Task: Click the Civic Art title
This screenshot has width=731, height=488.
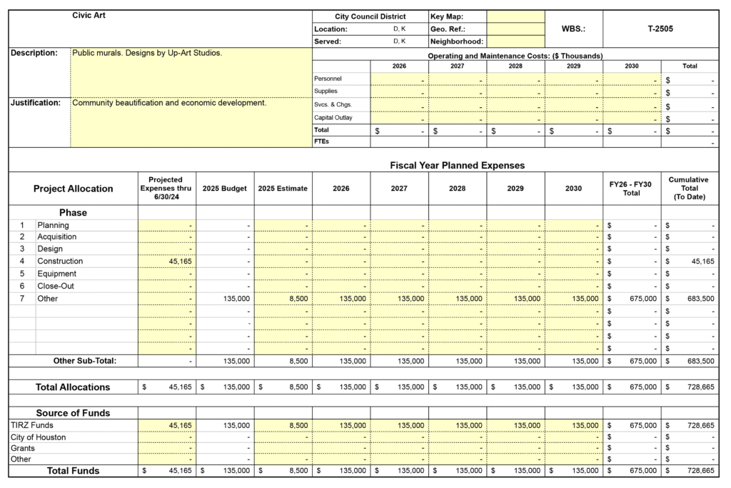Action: [89, 16]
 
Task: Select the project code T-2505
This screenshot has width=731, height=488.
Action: [660, 29]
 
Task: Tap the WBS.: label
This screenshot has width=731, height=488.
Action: [573, 29]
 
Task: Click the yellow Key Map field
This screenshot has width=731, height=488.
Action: [515, 16]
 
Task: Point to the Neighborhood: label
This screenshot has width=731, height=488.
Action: [457, 41]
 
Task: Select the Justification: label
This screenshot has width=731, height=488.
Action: [36, 103]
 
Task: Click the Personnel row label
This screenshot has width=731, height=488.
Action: [328, 79]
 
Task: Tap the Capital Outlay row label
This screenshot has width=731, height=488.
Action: [333, 118]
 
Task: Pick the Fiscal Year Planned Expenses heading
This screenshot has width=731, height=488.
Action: [457, 165]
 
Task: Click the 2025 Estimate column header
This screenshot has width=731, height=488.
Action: [283, 189]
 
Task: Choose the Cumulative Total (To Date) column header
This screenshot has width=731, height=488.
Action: [689, 189]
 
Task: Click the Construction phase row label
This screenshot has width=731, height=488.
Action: [60, 262]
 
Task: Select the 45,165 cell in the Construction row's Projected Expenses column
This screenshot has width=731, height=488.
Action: [178, 262]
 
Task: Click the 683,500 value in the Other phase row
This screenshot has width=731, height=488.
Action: [700, 299]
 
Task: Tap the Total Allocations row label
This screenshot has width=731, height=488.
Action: [73, 387]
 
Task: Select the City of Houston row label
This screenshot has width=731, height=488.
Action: [39, 437]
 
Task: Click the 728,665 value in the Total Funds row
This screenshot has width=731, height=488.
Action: [700, 471]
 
